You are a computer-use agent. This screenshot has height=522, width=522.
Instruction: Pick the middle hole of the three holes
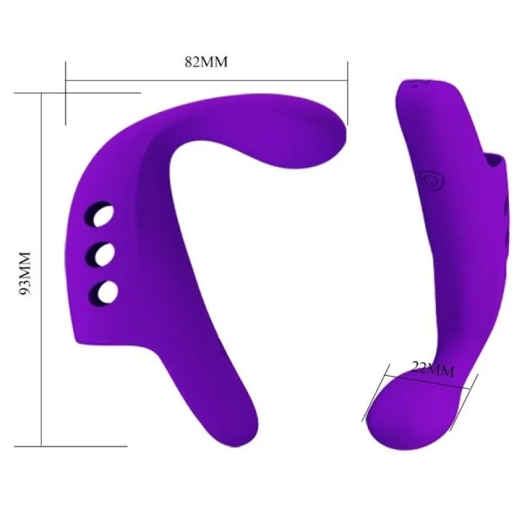click(105, 253)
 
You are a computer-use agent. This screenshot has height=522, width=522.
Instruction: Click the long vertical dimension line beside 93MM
click(41, 270)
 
